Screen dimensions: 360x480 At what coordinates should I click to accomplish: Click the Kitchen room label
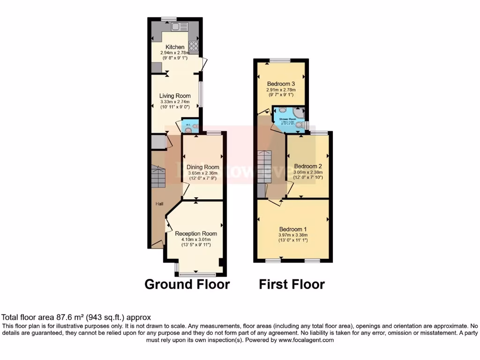(x=175, y=47)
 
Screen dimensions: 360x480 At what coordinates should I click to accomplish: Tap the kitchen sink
(x=179, y=27)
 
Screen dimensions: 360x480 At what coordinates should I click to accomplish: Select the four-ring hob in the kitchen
(x=193, y=45)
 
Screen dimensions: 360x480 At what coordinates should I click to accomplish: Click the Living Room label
(x=175, y=96)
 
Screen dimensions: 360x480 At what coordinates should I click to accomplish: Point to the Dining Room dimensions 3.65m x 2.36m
(x=203, y=173)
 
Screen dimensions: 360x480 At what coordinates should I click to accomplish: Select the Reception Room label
(x=196, y=233)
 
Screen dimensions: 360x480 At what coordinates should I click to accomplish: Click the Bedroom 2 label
(x=308, y=166)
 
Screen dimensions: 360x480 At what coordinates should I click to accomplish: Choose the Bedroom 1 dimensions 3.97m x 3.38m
(x=292, y=235)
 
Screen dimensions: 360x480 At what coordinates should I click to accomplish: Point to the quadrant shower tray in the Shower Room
(x=299, y=112)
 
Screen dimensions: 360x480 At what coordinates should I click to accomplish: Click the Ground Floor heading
(x=187, y=284)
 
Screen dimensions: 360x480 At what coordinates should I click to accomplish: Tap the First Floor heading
(x=292, y=284)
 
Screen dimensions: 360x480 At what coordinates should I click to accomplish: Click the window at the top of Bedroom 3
(x=280, y=60)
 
